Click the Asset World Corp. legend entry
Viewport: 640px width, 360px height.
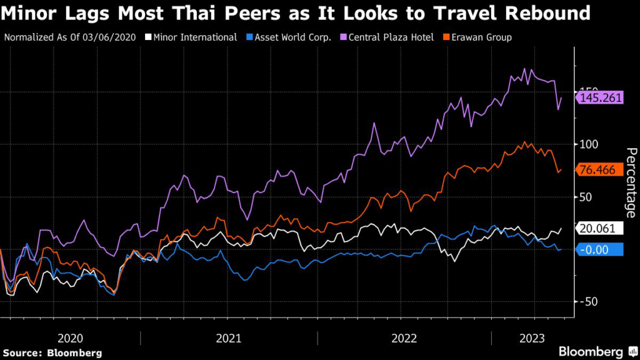click(x=293, y=37)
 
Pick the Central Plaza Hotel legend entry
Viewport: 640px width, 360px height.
click(x=392, y=37)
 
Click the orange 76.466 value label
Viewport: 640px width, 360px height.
click(x=600, y=170)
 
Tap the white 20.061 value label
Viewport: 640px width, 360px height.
click(x=600, y=228)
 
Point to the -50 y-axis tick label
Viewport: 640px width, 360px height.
click(x=590, y=302)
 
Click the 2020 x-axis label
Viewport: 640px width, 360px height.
click(x=70, y=338)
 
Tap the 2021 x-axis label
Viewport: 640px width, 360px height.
click(x=229, y=338)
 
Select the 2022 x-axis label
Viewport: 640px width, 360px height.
click(x=404, y=338)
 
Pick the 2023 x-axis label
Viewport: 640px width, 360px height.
click(x=532, y=338)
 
